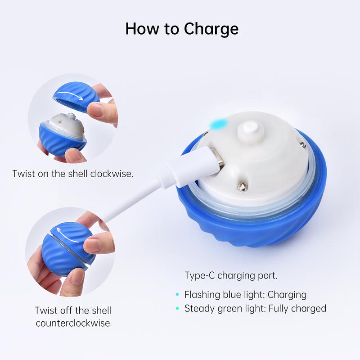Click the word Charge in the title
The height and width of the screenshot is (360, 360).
pyautogui.click(x=211, y=29)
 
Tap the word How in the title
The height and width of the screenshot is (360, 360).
pyautogui.click(x=142, y=29)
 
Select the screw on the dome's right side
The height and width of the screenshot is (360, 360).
pyautogui.click(x=303, y=144)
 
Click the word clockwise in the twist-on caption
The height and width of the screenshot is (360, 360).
pyautogui.click(x=112, y=174)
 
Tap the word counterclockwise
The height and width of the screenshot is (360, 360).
pyautogui.click(x=73, y=323)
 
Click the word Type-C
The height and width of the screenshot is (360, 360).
pyautogui.click(x=200, y=275)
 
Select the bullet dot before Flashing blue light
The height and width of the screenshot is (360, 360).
pyautogui.click(x=177, y=294)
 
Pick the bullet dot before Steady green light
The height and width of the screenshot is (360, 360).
pyautogui.click(x=177, y=308)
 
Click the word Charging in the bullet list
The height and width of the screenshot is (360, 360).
pyautogui.click(x=287, y=295)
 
